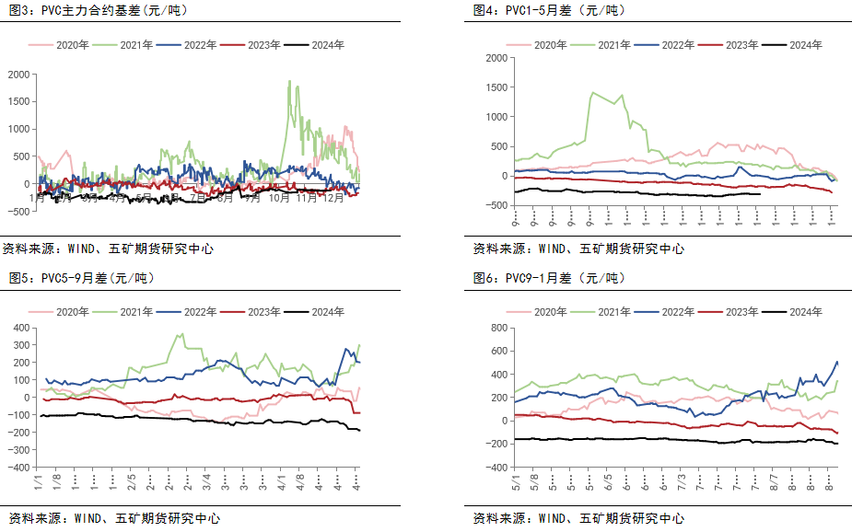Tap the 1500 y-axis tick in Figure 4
coord(495,87)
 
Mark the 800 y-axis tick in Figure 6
coord(498,327)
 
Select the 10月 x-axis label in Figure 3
coord(279,198)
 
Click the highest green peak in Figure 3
coord(290,82)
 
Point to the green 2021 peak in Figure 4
coord(591,92)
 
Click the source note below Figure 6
coord(578,518)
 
